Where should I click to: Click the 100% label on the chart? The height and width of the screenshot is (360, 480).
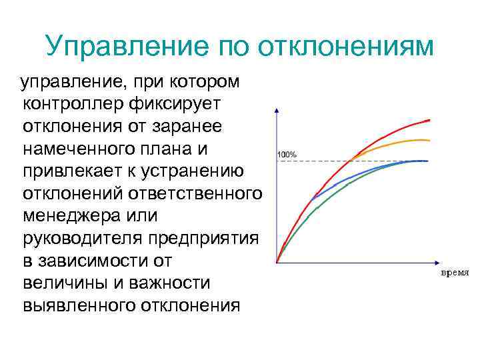point(287,155)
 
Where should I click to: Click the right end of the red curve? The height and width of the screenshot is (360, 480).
point(429,120)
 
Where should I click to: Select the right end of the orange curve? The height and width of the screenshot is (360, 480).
point(428,140)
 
